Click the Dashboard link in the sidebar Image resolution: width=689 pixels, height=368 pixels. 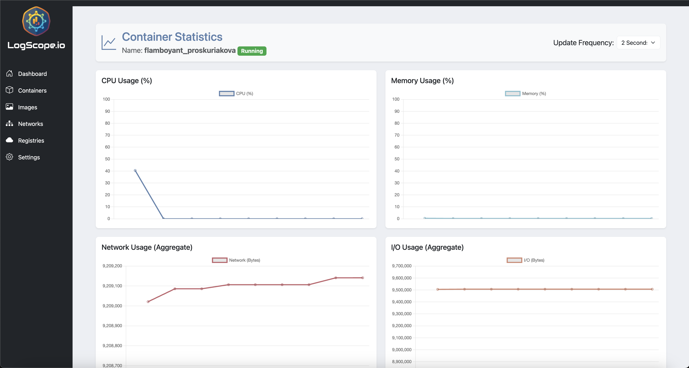32,74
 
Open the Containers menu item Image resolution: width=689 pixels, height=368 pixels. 32,90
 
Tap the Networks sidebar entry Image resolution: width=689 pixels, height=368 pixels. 30,124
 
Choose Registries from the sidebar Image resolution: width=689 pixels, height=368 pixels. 31,140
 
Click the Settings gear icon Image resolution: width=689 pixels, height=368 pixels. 9,157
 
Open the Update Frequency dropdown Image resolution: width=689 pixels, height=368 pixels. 638,43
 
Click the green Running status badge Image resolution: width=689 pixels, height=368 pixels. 252,51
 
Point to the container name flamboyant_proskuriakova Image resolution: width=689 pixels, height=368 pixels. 190,50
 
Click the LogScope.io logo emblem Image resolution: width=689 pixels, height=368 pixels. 36,21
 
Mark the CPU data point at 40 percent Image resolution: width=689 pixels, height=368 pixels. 135,170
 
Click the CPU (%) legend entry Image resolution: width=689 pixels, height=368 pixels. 236,93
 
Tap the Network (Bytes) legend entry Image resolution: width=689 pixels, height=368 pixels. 236,260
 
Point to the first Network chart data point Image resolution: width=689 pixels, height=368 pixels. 148,302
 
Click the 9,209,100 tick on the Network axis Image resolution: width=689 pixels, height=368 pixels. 112,286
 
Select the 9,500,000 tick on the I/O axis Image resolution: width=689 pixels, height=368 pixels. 402,290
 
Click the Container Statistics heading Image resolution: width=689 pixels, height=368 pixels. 172,37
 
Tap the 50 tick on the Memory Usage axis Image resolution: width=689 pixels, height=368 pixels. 397,159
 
